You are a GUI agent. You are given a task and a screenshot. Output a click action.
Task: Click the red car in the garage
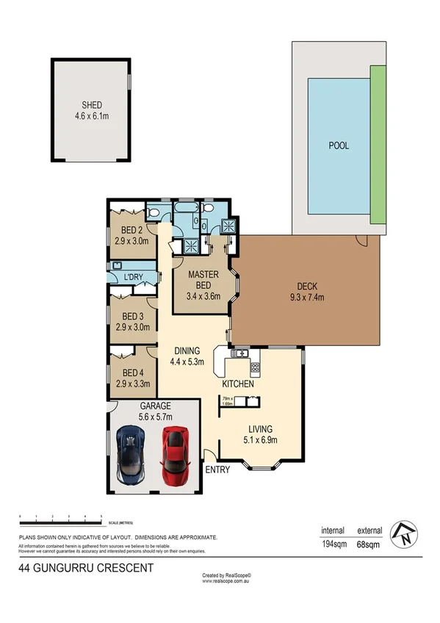click(175, 455)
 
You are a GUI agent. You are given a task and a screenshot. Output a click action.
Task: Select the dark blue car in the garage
click(131, 456)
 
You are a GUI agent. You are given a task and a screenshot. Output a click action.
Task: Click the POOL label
click(339, 145)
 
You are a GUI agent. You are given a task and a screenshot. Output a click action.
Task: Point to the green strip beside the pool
click(378, 145)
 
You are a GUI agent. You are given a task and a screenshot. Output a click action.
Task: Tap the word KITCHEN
click(239, 384)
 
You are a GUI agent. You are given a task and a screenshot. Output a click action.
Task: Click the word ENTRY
click(217, 469)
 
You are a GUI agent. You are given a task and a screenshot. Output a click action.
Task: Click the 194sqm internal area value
click(333, 545)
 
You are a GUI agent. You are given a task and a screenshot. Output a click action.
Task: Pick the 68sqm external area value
click(369, 545)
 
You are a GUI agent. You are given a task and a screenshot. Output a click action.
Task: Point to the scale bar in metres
click(61, 522)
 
